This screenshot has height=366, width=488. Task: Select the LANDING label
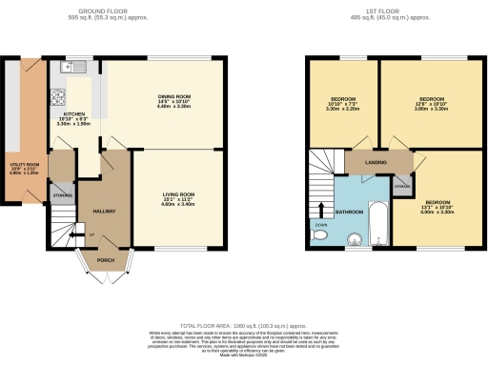coord(374,163)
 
